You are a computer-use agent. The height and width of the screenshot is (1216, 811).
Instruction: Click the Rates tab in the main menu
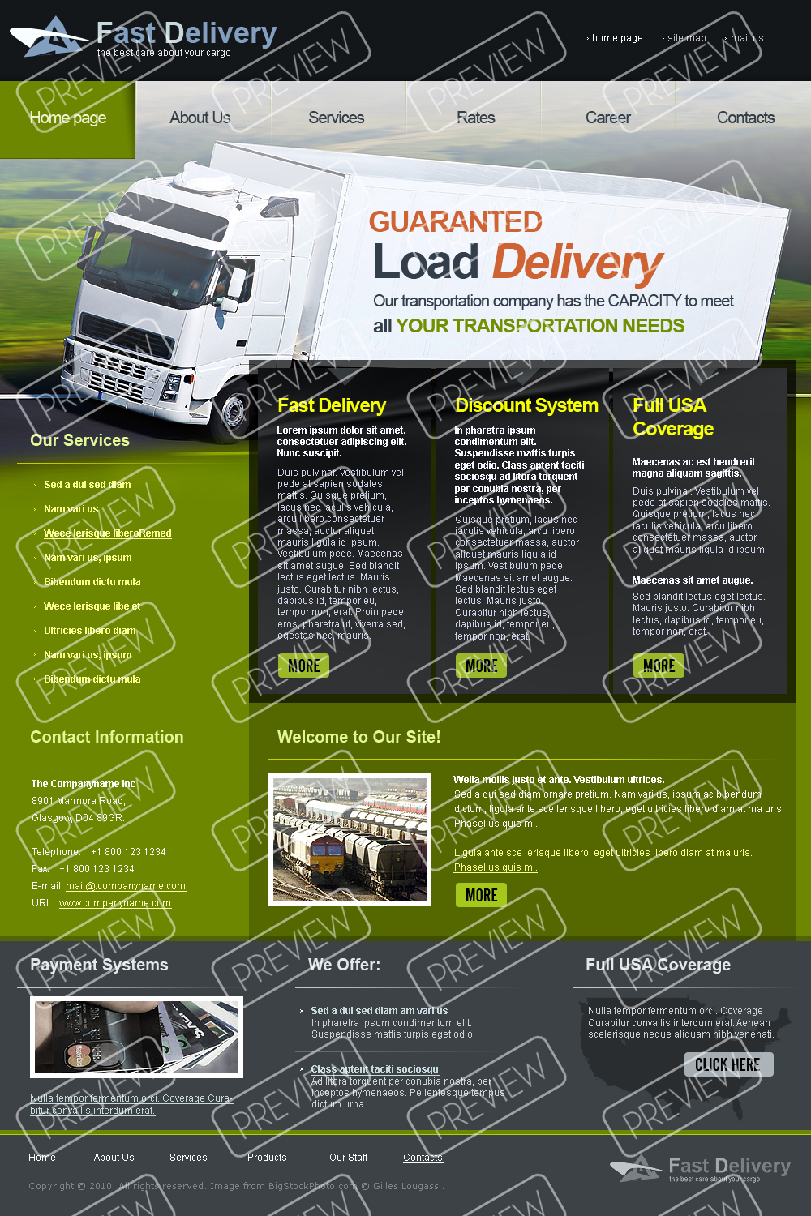(x=475, y=118)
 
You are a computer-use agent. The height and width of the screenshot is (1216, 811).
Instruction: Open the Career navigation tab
(x=607, y=118)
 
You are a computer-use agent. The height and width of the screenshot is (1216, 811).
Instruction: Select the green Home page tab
(x=68, y=118)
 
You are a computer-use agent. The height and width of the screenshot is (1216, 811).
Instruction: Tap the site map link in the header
(x=686, y=38)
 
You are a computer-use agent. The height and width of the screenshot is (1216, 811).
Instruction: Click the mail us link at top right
(x=746, y=38)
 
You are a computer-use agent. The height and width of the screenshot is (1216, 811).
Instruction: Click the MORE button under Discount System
(x=481, y=666)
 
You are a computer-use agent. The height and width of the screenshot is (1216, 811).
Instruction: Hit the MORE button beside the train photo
(x=481, y=895)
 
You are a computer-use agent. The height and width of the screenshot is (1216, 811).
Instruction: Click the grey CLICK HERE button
(x=728, y=1064)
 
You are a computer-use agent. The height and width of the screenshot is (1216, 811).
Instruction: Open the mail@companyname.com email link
(x=126, y=886)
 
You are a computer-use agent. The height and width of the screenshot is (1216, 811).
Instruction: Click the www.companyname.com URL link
(x=115, y=903)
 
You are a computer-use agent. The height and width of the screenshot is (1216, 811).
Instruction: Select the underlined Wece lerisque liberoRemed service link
(x=108, y=533)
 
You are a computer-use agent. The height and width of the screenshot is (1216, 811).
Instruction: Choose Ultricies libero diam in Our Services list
(x=90, y=631)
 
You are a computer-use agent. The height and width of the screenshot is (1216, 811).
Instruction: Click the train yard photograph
(x=350, y=839)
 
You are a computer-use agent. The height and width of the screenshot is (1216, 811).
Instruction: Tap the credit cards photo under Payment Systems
(x=136, y=1037)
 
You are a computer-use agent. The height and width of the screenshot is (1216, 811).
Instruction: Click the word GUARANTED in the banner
(x=455, y=221)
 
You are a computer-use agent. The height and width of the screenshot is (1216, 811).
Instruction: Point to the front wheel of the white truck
(x=235, y=409)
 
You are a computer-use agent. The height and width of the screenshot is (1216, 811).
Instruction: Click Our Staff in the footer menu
(x=348, y=1158)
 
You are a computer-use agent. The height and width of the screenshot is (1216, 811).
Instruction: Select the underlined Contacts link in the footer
(x=423, y=1158)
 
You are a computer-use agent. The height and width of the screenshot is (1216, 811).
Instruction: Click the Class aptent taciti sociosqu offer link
(x=375, y=1069)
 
